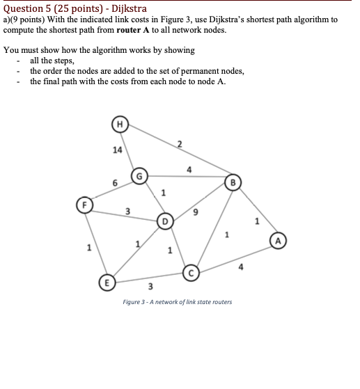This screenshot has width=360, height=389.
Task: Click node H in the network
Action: pos(120,125)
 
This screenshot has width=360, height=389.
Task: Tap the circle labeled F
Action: pos(84,205)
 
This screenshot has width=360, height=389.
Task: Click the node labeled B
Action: pos(233,184)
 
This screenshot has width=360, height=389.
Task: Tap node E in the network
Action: pos(107,283)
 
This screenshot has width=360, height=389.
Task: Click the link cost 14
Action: pos(117,150)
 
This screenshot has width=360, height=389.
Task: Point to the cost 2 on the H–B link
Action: pos(179,144)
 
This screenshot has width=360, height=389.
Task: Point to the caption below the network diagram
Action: pos(177,301)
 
